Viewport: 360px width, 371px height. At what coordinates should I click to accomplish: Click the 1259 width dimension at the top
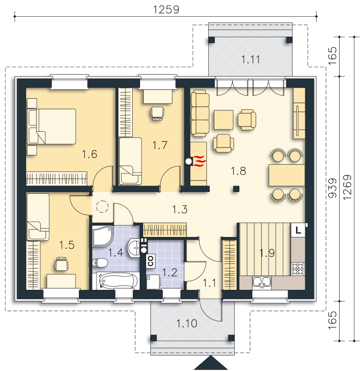(x=166, y=10)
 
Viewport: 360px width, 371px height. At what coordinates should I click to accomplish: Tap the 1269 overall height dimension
(x=347, y=187)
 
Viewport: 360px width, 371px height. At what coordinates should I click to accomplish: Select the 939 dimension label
(x=333, y=188)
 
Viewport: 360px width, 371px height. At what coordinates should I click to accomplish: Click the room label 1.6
(x=90, y=154)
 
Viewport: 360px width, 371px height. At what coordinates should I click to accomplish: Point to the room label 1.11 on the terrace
(x=251, y=59)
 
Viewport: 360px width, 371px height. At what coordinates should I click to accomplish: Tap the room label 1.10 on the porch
(x=187, y=323)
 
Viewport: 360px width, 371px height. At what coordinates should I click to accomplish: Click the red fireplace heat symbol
(x=200, y=161)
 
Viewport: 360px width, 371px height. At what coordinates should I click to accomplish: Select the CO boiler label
(x=150, y=261)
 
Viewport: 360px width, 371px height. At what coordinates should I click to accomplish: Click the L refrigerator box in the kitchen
(x=298, y=230)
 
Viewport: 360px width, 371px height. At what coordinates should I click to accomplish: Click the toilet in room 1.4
(x=100, y=262)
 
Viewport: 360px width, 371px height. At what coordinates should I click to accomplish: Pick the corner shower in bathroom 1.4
(x=103, y=236)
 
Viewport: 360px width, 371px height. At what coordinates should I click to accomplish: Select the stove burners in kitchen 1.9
(x=298, y=269)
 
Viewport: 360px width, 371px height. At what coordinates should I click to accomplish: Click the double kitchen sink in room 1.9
(x=262, y=281)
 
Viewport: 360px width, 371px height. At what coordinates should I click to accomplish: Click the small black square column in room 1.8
(x=236, y=189)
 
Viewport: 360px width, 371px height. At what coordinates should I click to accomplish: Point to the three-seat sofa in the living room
(x=200, y=115)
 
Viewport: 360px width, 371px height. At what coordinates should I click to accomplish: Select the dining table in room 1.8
(x=287, y=175)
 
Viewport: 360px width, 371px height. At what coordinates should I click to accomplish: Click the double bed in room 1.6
(x=51, y=126)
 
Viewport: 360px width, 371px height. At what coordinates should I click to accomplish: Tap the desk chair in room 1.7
(x=157, y=113)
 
